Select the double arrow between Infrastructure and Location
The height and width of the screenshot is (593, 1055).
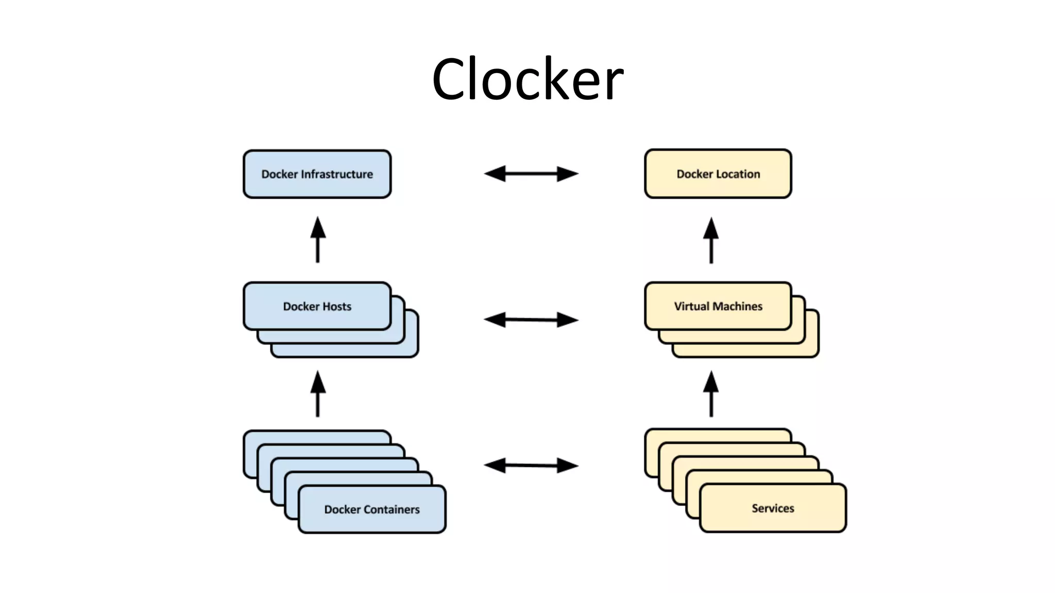pyautogui.click(x=531, y=174)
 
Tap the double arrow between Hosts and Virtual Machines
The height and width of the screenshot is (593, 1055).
pyautogui.click(x=531, y=320)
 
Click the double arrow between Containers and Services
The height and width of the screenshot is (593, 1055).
pyautogui.click(x=531, y=465)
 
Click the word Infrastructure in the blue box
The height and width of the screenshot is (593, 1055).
pyautogui.click(x=337, y=175)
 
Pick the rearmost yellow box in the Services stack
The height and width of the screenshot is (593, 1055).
pyautogui.click(x=716, y=435)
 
